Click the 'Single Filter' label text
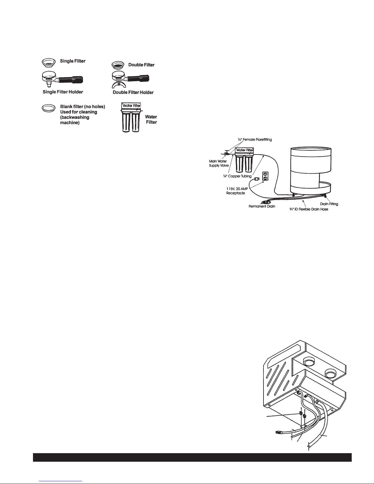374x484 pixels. pyautogui.click(x=73, y=61)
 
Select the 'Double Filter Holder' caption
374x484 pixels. pyautogui.click(x=133, y=92)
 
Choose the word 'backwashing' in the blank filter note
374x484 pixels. pyautogui.click(x=74, y=117)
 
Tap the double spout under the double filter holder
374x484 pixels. pyautogui.click(x=116, y=85)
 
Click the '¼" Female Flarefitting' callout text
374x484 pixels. pyautogui.click(x=255, y=140)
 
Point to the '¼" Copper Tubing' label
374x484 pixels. pyautogui.click(x=237, y=176)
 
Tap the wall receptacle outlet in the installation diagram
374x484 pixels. pyautogui.click(x=265, y=176)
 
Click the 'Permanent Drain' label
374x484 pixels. pyautogui.click(x=262, y=206)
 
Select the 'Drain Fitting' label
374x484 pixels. pyautogui.click(x=329, y=204)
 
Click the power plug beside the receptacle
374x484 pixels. pyautogui.click(x=257, y=179)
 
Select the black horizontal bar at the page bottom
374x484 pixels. pyautogui.click(x=192, y=457)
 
